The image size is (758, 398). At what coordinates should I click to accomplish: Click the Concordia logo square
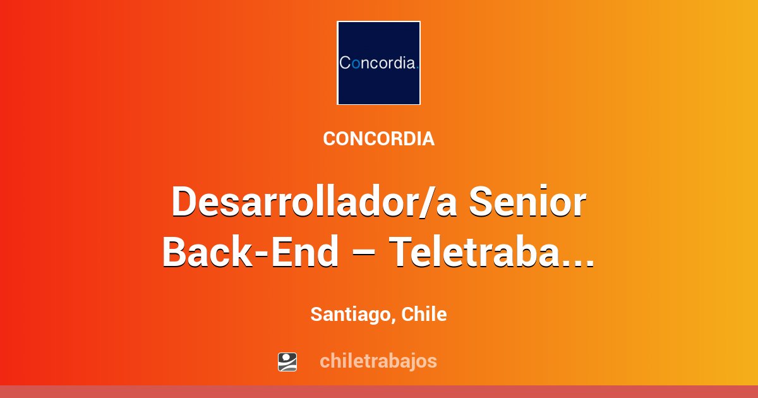coord(378,63)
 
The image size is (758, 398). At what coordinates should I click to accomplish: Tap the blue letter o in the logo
coord(356,64)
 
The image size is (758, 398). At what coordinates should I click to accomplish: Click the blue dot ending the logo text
coord(418,68)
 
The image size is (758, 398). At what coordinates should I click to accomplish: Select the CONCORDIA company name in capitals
coord(378,139)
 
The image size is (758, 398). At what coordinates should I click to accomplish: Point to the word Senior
coord(527,202)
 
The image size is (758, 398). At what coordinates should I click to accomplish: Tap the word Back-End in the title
coord(250,252)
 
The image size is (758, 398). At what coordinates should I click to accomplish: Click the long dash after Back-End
coord(363,254)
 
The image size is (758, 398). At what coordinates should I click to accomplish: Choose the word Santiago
coord(350,315)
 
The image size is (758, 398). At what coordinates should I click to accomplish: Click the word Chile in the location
coord(424,314)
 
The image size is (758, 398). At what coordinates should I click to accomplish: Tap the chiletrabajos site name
coord(378,361)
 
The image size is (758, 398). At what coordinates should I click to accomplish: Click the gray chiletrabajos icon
coord(287,362)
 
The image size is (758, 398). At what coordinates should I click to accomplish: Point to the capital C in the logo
coord(345,63)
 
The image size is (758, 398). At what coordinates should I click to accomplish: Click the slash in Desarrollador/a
coord(427,202)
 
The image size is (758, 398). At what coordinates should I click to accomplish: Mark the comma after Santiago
coord(393,320)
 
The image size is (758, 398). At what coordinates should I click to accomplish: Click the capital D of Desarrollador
coord(184,202)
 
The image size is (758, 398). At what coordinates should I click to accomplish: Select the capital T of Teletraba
coord(401,251)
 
